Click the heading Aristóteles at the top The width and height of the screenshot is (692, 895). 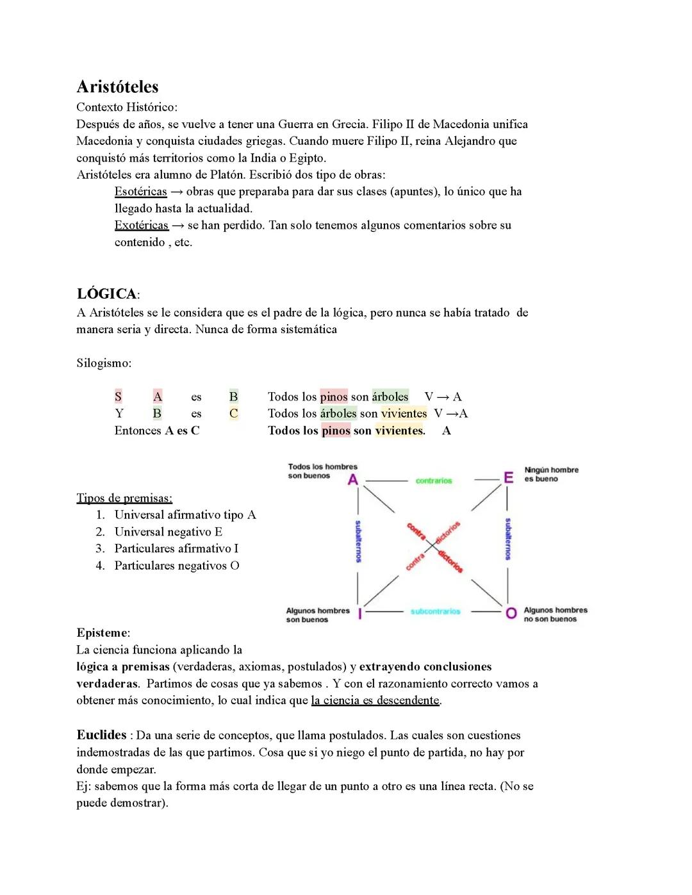tap(117, 87)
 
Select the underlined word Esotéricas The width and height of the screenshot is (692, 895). tap(140, 192)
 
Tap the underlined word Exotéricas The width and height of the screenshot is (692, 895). tap(141, 226)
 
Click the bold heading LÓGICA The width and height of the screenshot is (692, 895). tap(106, 294)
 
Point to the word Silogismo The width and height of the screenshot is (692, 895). tap(104, 363)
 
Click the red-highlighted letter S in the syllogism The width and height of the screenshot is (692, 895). tap(118, 397)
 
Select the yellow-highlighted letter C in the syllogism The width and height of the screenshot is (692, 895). tap(233, 414)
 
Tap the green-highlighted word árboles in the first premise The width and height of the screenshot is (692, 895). tap(390, 397)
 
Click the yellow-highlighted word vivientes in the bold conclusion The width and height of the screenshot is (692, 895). tap(400, 431)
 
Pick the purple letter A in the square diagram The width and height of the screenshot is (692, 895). tap(352, 480)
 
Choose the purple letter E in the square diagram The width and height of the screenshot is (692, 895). tap(508, 478)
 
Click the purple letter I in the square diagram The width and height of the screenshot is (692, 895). tap(360, 614)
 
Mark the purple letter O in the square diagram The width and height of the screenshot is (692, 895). tap(511, 613)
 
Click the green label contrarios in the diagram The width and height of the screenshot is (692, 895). tap(434, 481)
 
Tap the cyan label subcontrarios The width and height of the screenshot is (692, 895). tap(435, 612)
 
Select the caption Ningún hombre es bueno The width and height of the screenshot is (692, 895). tap(550, 475)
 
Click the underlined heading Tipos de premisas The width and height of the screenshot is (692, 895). tap(124, 498)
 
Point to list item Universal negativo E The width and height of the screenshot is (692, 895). tap(168, 532)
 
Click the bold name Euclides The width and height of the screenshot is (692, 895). tap(101, 735)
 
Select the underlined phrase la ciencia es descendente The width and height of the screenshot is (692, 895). tap(375, 701)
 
